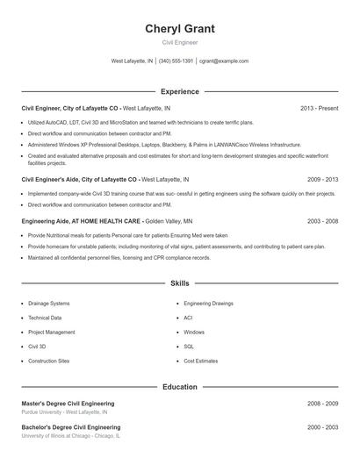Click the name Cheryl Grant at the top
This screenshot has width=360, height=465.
[x=179, y=28]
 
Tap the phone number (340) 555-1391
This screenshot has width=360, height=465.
[x=176, y=61]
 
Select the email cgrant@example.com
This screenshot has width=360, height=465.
[x=223, y=61]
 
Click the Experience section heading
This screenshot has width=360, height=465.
[x=179, y=91]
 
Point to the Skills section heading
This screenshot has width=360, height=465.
[x=179, y=284]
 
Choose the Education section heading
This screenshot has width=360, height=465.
[x=179, y=386]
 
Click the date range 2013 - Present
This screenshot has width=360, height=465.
[x=319, y=108]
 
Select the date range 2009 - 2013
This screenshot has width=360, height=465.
[x=322, y=179]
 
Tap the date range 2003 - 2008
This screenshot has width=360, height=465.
[x=322, y=222]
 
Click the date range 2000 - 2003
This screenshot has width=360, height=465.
[x=322, y=426]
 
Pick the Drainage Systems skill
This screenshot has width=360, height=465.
[x=49, y=303]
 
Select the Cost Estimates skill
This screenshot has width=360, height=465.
[x=200, y=361]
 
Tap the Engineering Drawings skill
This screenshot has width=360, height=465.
[x=209, y=303]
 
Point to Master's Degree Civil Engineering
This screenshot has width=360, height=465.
[x=68, y=404]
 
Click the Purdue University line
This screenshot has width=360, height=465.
[x=64, y=411]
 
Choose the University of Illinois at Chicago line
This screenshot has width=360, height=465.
[x=71, y=435]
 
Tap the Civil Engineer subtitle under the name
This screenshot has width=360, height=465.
[x=179, y=42]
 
